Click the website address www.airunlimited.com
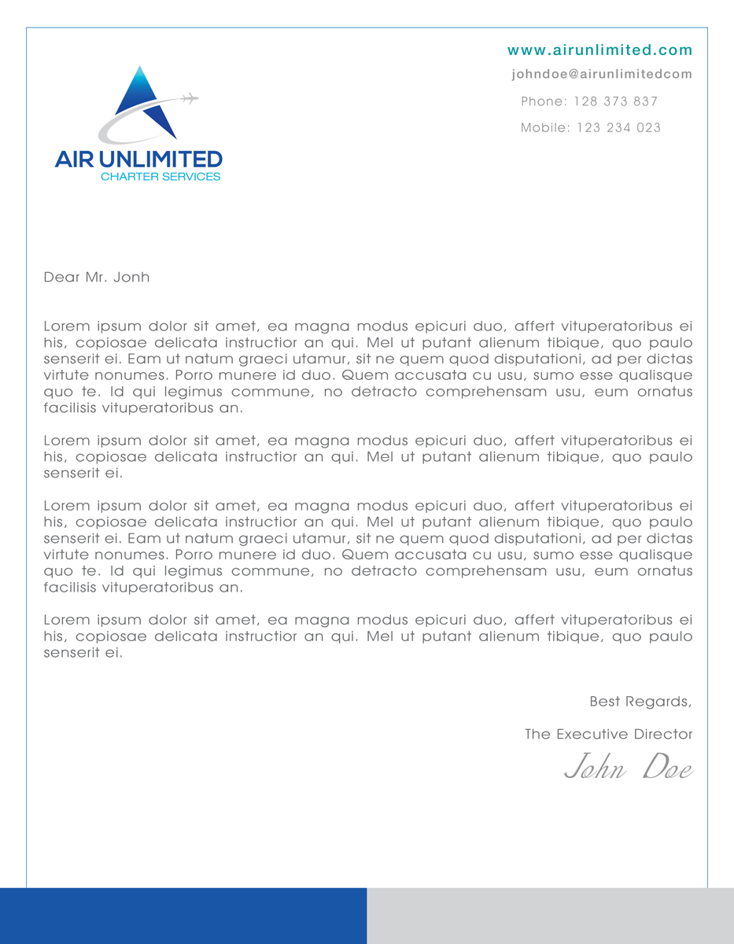pyautogui.click(x=599, y=50)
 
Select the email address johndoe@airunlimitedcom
pyautogui.click(x=601, y=74)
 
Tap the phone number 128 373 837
pyautogui.click(x=615, y=101)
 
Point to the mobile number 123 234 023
pyautogui.click(x=618, y=127)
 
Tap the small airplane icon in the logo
pyautogui.click(x=189, y=98)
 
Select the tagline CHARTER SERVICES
pyautogui.click(x=160, y=177)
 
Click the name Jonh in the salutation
pyautogui.click(x=131, y=277)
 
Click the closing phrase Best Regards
pyautogui.click(x=640, y=701)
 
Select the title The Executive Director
pyautogui.click(x=608, y=734)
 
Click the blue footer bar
pyautogui.click(x=183, y=916)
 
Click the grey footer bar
pyautogui.click(x=550, y=916)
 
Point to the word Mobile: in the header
pyautogui.click(x=545, y=127)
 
